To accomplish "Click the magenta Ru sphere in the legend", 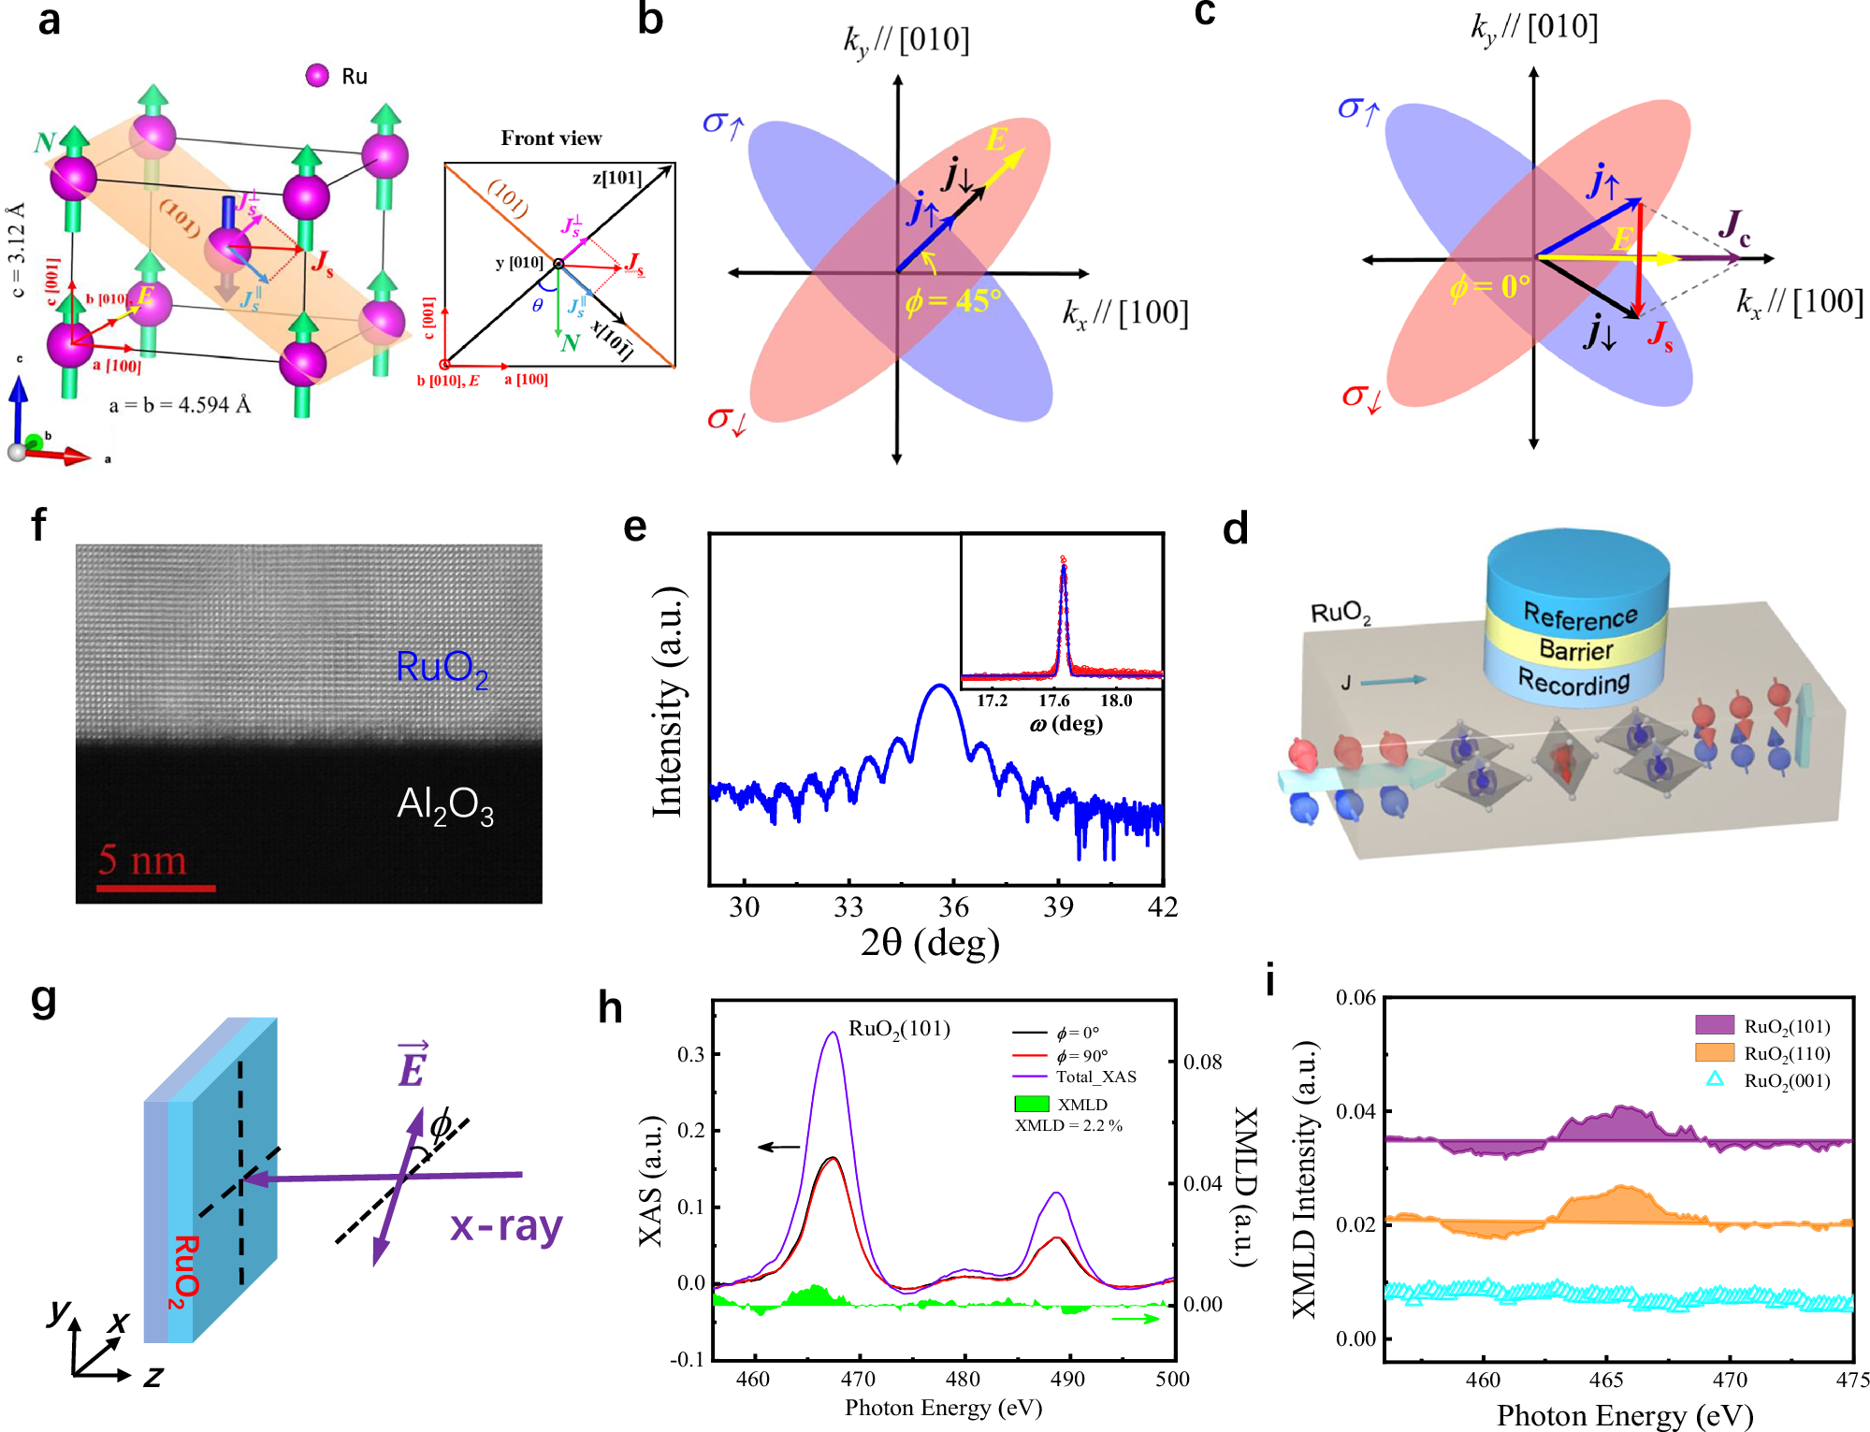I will pos(317,76).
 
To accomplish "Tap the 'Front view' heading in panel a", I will pos(551,138).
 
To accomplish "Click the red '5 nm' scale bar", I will pos(155,887).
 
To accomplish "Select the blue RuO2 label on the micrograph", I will pos(442,669).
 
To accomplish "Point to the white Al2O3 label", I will pos(445,805).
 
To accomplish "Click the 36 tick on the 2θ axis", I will pos(953,906).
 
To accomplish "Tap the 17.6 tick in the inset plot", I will pos(1054,701).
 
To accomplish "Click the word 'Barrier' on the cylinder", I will pos(1576,650).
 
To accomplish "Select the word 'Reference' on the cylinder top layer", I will pos(1580,616).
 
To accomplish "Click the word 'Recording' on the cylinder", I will pos(1573,683).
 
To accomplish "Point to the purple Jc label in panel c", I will pos(1733,227).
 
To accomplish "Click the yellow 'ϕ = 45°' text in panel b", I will pos(952,301).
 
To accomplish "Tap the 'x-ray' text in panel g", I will pos(506,1225).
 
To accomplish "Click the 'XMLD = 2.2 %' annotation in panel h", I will pos(1068,1125).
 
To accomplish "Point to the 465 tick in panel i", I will pos(1606,1380).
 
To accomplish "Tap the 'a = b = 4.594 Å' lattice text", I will pos(180,405).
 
